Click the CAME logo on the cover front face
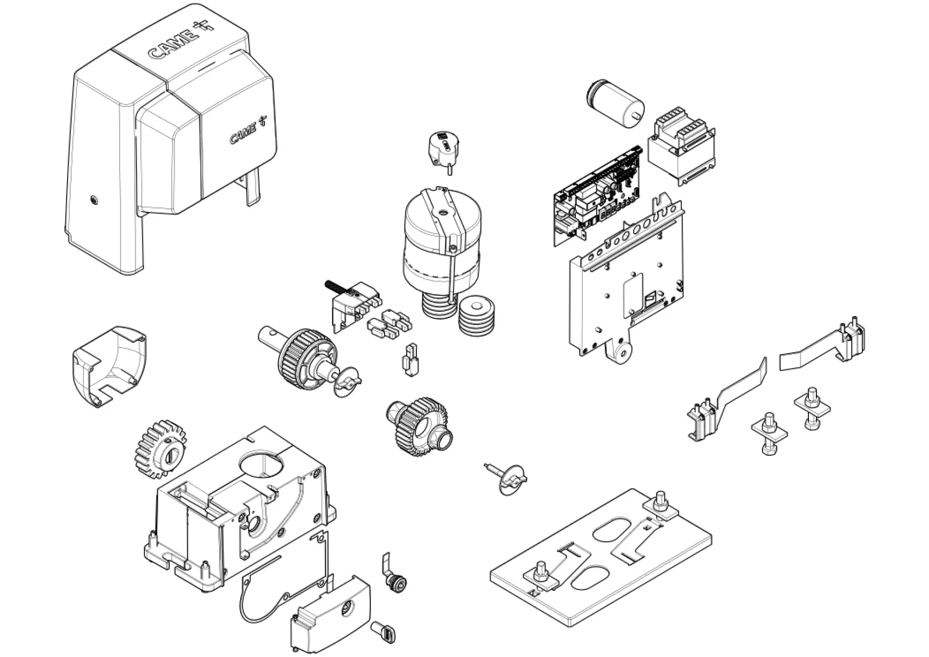[248, 131]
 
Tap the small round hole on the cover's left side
[93, 201]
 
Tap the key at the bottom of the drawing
[384, 632]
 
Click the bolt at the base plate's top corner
[659, 502]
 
